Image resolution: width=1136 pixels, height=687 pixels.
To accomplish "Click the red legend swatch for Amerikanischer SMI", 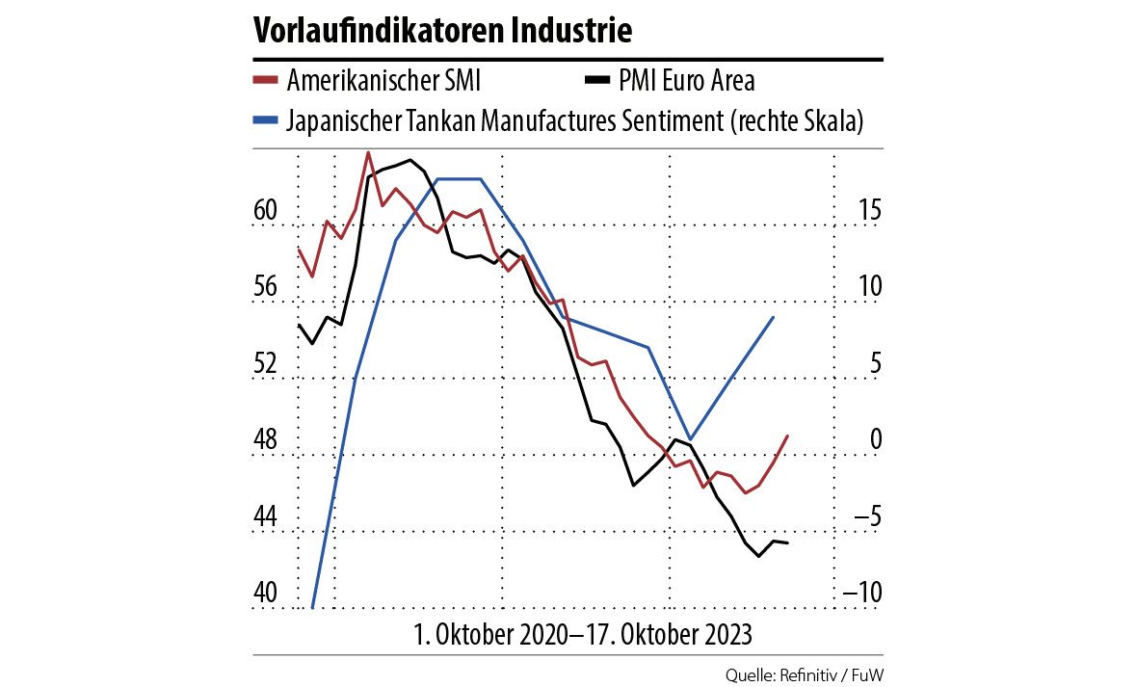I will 266,80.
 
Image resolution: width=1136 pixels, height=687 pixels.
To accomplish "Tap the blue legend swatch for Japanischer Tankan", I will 266,121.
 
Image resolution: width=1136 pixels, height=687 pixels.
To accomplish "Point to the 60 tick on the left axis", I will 266,209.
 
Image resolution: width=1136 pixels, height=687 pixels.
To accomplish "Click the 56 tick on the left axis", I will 266,286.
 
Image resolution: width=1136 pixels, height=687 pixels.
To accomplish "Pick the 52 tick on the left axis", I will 266,363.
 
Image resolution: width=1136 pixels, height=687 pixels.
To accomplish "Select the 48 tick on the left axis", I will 266,440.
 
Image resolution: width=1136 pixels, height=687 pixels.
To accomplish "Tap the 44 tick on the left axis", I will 266,517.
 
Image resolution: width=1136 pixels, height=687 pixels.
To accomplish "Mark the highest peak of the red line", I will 368,152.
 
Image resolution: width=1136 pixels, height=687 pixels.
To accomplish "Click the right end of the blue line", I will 774,317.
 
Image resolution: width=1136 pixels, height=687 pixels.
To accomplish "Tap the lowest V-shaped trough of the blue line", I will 690,438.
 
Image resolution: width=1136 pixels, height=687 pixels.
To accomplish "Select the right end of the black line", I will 787,543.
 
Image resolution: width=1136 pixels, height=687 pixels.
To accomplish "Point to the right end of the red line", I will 788,436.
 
